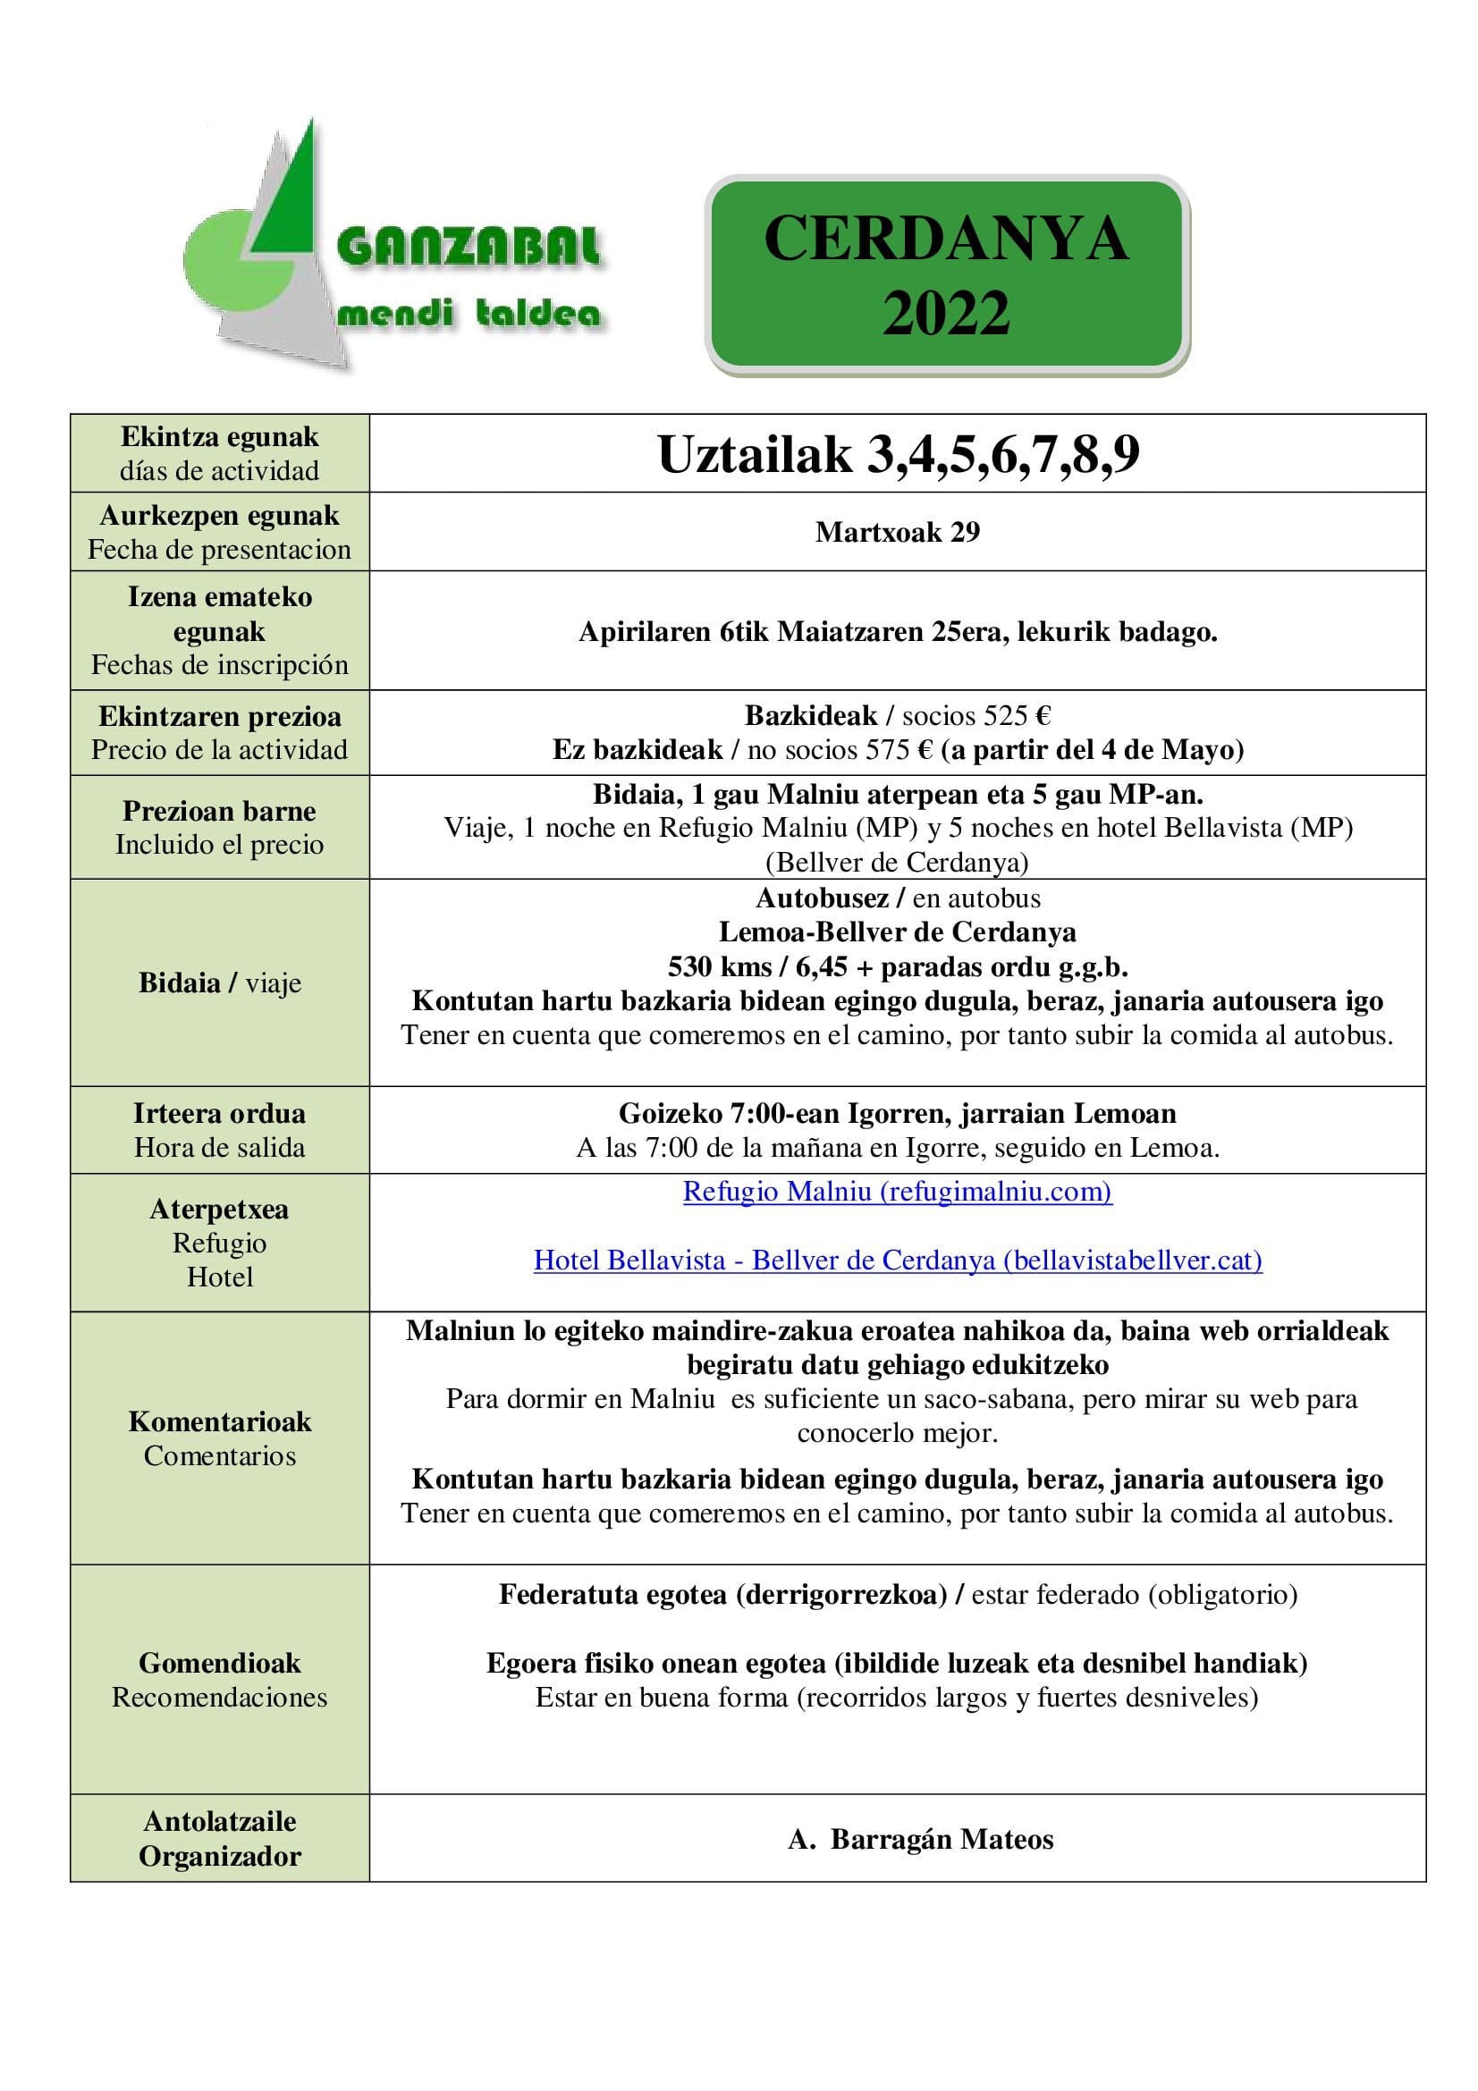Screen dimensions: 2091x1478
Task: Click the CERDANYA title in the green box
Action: [946, 240]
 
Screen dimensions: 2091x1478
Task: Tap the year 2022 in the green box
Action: [946, 313]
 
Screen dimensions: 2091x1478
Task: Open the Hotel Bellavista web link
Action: [897, 1261]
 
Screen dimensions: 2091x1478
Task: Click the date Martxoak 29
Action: [897, 532]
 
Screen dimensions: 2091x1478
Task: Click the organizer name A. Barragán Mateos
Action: [920, 1839]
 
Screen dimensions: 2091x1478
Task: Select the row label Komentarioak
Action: [219, 1421]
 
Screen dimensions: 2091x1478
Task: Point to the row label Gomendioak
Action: [219, 1663]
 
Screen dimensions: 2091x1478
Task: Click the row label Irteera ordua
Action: [219, 1114]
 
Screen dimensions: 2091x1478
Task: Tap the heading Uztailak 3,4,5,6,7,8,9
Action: [898, 454]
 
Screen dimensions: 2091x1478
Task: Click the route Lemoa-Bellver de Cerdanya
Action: [897, 932]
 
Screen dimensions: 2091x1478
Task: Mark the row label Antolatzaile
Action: [219, 1821]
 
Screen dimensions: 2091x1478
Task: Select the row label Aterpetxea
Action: [219, 1210]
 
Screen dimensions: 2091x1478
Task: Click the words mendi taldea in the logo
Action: [469, 315]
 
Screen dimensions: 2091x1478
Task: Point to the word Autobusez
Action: [822, 898]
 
